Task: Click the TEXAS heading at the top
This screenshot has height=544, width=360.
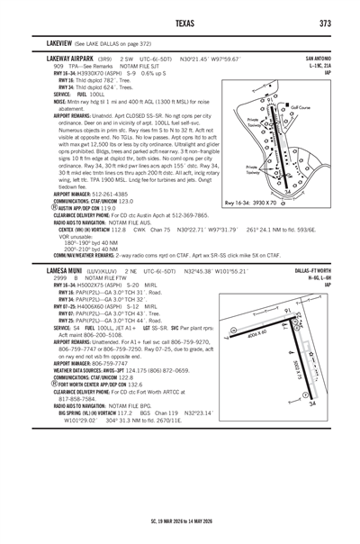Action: tap(180, 23)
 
